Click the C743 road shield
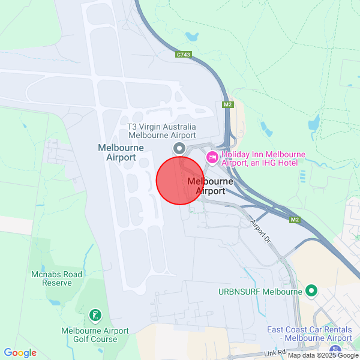click(184, 55)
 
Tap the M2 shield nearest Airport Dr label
click(294, 220)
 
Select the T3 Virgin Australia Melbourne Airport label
click(162, 131)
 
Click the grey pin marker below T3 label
click(179, 148)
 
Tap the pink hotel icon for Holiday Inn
click(212, 157)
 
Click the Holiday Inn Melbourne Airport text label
click(263, 158)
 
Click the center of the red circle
click(181, 181)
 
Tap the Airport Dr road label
click(262, 231)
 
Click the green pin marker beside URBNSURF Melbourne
click(311, 292)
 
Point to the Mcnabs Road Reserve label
click(56, 278)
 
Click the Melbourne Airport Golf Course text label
click(95, 335)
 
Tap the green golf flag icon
click(95, 315)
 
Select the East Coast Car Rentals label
click(310, 334)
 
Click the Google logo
click(20, 353)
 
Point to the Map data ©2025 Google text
click(323, 355)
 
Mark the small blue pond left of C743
click(193, 36)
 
